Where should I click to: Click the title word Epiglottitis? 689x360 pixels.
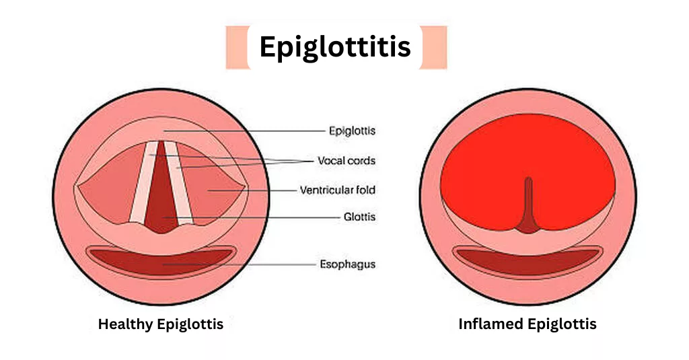[x=335, y=47]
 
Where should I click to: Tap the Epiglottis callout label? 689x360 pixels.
[x=352, y=131]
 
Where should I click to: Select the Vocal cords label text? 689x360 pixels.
[x=347, y=160]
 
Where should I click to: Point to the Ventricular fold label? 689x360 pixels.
[x=338, y=190]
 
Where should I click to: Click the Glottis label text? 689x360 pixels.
[x=359, y=217]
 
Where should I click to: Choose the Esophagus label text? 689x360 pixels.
[x=348, y=264]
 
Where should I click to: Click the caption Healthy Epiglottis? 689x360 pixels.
[x=160, y=324]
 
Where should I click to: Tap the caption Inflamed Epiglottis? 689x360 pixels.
[x=528, y=324]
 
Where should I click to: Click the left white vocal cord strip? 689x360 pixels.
[x=143, y=182]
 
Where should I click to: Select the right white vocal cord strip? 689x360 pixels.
[x=179, y=182]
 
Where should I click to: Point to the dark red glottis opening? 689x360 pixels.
[x=161, y=193]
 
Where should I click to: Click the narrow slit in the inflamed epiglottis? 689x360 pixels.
[x=528, y=205]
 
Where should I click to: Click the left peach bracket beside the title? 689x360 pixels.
[x=238, y=48]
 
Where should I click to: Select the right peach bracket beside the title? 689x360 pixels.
[x=433, y=48]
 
